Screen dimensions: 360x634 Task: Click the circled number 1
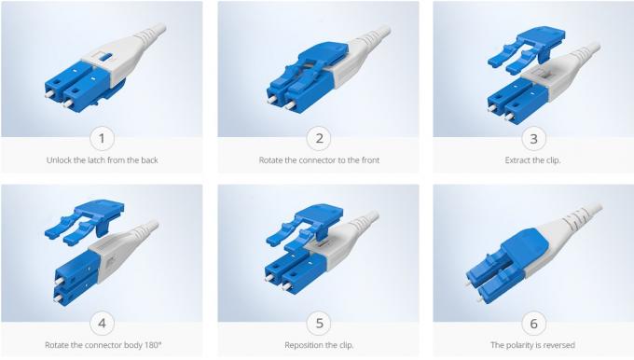103,138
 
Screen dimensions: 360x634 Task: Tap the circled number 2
319,138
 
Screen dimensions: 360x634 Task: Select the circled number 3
534,138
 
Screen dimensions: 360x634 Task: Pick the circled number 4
103,324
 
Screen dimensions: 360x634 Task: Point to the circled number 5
319,324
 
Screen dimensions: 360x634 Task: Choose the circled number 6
534,324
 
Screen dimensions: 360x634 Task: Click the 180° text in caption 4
147,345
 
